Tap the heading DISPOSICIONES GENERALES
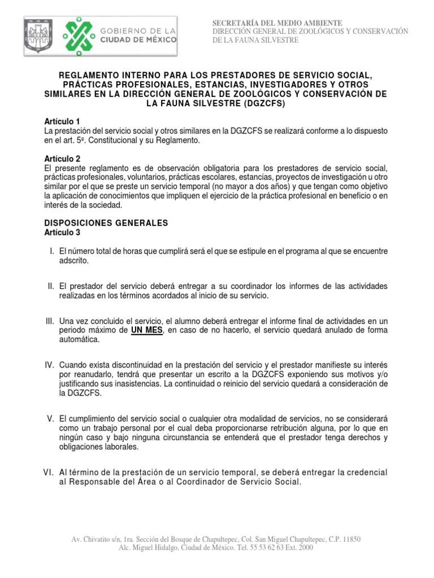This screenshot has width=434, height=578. point(106,223)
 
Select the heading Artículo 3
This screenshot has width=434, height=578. point(62,232)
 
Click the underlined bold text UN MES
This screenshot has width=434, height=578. point(147,331)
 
